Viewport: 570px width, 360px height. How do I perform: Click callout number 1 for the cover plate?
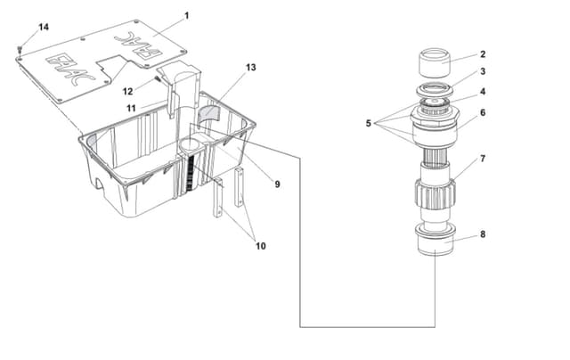coord(187,15)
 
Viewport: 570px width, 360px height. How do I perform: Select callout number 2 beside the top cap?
coord(483,53)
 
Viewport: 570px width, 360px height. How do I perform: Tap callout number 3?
coord(483,71)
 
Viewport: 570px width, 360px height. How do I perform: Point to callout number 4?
coord(483,91)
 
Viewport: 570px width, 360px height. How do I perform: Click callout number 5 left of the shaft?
coord(368,123)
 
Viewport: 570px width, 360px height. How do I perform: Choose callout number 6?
coord(483,112)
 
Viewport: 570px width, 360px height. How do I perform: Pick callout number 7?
coord(483,159)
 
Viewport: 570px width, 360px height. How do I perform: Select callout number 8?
coord(483,235)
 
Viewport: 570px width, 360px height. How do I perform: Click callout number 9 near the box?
coord(277,184)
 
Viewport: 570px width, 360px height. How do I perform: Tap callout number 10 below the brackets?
coord(260,246)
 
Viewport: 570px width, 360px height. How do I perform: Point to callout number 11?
coord(130,108)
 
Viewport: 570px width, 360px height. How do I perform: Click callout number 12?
coord(128,90)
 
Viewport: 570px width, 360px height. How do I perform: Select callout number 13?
coord(251,68)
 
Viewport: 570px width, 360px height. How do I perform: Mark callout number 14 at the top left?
coord(44,27)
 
